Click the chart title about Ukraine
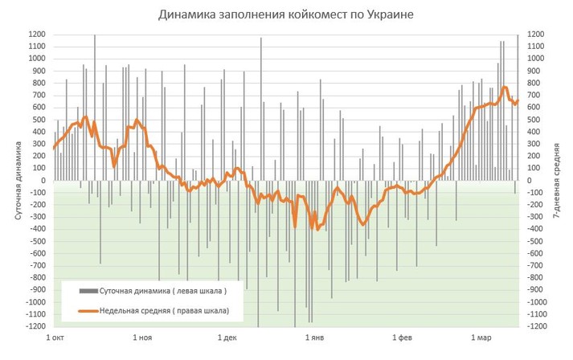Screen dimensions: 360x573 point(286,15)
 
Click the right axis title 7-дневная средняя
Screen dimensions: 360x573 point(557,181)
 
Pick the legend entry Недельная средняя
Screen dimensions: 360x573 point(164,310)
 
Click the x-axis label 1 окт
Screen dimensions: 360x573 point(55,338)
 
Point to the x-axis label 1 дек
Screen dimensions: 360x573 point(227,338)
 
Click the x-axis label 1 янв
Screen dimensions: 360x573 point(316,338)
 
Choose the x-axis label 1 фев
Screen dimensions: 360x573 point(403,338)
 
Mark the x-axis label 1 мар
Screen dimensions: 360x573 point(482,338)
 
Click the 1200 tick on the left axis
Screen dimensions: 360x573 point(36,35)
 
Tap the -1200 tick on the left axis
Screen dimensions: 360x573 point(35,326)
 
